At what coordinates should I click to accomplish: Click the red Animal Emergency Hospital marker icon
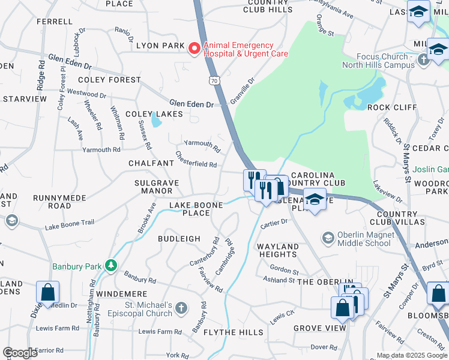194,49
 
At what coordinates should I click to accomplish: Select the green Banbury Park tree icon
110,265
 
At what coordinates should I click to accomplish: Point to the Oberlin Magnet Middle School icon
328,238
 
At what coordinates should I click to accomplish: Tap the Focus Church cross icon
424,59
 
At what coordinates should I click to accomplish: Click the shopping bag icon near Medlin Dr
47,293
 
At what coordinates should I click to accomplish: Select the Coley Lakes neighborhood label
149,114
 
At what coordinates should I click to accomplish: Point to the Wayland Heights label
278,251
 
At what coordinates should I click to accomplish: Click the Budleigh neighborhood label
179,238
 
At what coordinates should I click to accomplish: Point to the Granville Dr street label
243,88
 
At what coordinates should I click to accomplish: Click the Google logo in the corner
20,353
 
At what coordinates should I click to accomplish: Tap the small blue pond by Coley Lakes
157,122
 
